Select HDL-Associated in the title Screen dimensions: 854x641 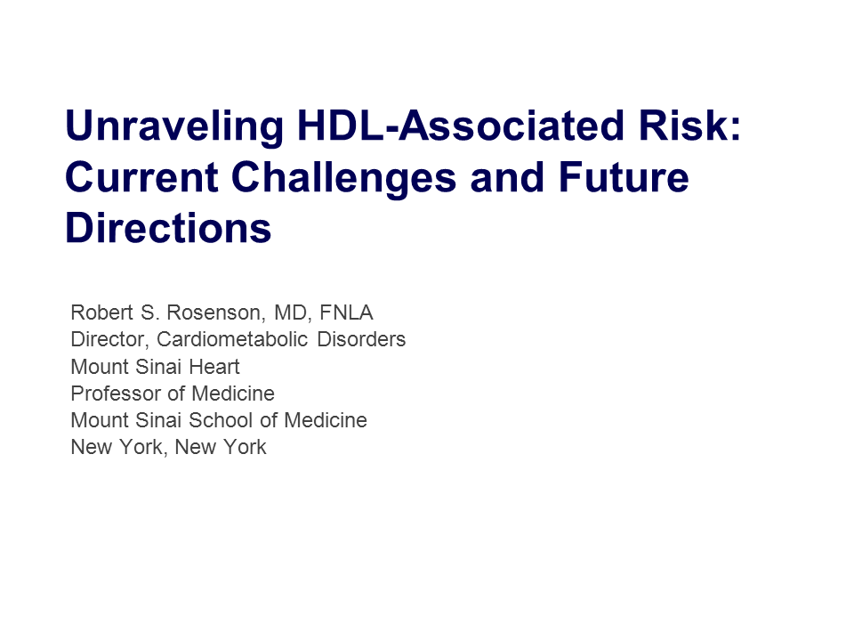tap(460, 126)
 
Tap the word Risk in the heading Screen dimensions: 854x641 tap(685, 126)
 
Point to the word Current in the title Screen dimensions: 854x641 tap(141, 177)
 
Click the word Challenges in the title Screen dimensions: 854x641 tap(343, 179)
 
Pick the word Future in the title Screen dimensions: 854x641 tap(624, 177)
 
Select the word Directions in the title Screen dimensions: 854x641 tap(168, 229)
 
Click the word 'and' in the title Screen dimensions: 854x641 tap(507, 177)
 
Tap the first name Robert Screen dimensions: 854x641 tap(101, 312)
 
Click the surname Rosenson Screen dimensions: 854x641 tap(215, 312)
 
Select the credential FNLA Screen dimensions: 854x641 tap(346, 312)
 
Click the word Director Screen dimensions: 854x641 tap(109, 339)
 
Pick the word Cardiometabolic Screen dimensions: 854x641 tap(232, 339)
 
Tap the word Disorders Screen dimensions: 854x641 tap(362, 339)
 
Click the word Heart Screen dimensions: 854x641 tap(214, 366)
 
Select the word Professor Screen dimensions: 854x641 tap(116, 393)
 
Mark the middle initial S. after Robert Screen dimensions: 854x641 tap(149, 312)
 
